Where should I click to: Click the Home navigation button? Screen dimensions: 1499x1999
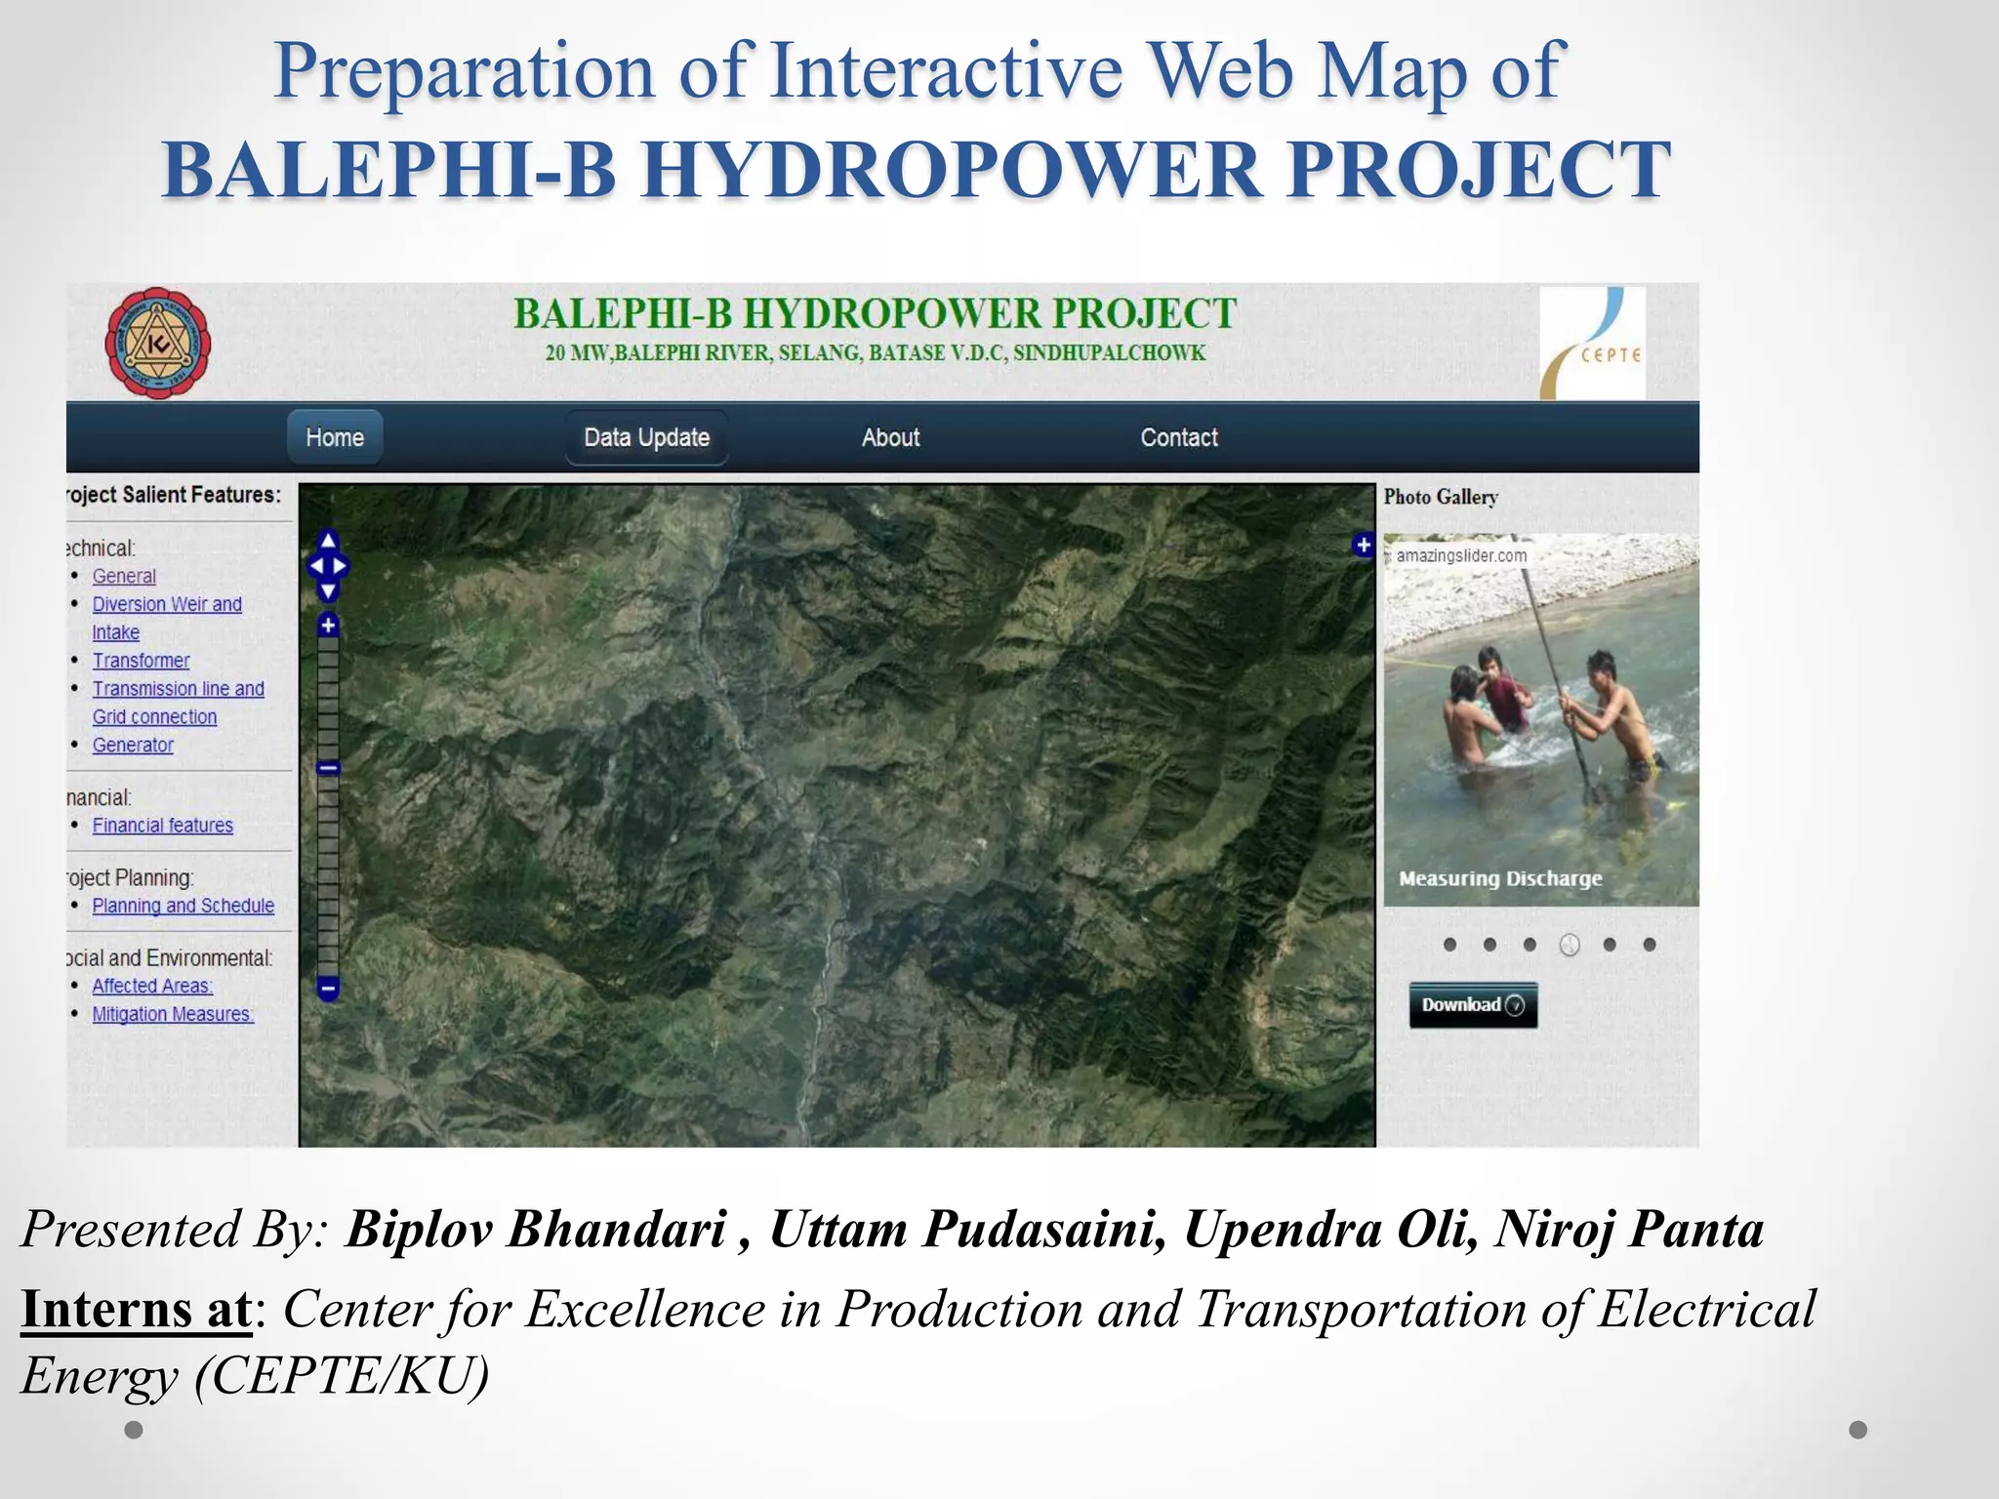[334, 437]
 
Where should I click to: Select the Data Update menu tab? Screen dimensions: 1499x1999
[646, 437]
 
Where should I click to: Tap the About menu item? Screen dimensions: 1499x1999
[890, 437]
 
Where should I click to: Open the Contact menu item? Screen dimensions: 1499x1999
[1178, 437]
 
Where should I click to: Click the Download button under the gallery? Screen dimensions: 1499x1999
[1472, 1005]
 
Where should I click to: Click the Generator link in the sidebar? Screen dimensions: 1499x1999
[133, 746]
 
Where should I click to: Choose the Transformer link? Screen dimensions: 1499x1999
[141, 661]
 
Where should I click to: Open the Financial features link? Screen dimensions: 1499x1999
[162, 826]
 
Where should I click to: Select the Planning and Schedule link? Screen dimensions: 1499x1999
[183, 906]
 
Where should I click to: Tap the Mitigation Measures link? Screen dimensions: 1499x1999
[173, 1014]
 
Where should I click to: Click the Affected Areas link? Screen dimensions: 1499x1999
[152, 986]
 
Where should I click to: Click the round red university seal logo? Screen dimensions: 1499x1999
[157, 343]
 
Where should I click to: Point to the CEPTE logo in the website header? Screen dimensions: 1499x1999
[1592, 344]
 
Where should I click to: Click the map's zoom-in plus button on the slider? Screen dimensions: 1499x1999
[328, 626]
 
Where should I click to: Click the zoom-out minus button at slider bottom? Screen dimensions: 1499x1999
[328, 989]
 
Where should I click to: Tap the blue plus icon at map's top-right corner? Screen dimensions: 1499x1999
[1363, 545]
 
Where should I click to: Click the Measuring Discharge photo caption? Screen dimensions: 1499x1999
[1500, 878]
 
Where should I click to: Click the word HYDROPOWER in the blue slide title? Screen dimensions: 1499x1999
[955, 170]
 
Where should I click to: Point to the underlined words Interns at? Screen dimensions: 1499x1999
[137, 1309]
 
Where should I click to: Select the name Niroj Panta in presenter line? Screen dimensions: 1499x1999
[1629, 1229]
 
